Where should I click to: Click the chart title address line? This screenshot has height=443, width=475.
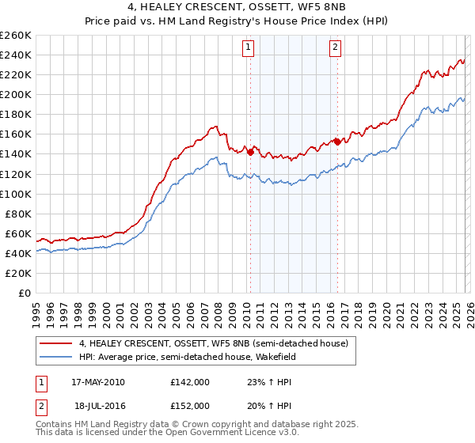[238, 9]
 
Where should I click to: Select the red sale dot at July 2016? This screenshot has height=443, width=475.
[336, 142]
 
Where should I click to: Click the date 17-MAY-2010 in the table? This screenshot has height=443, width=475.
[97, 382]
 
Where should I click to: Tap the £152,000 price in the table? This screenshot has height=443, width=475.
[189, 405]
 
